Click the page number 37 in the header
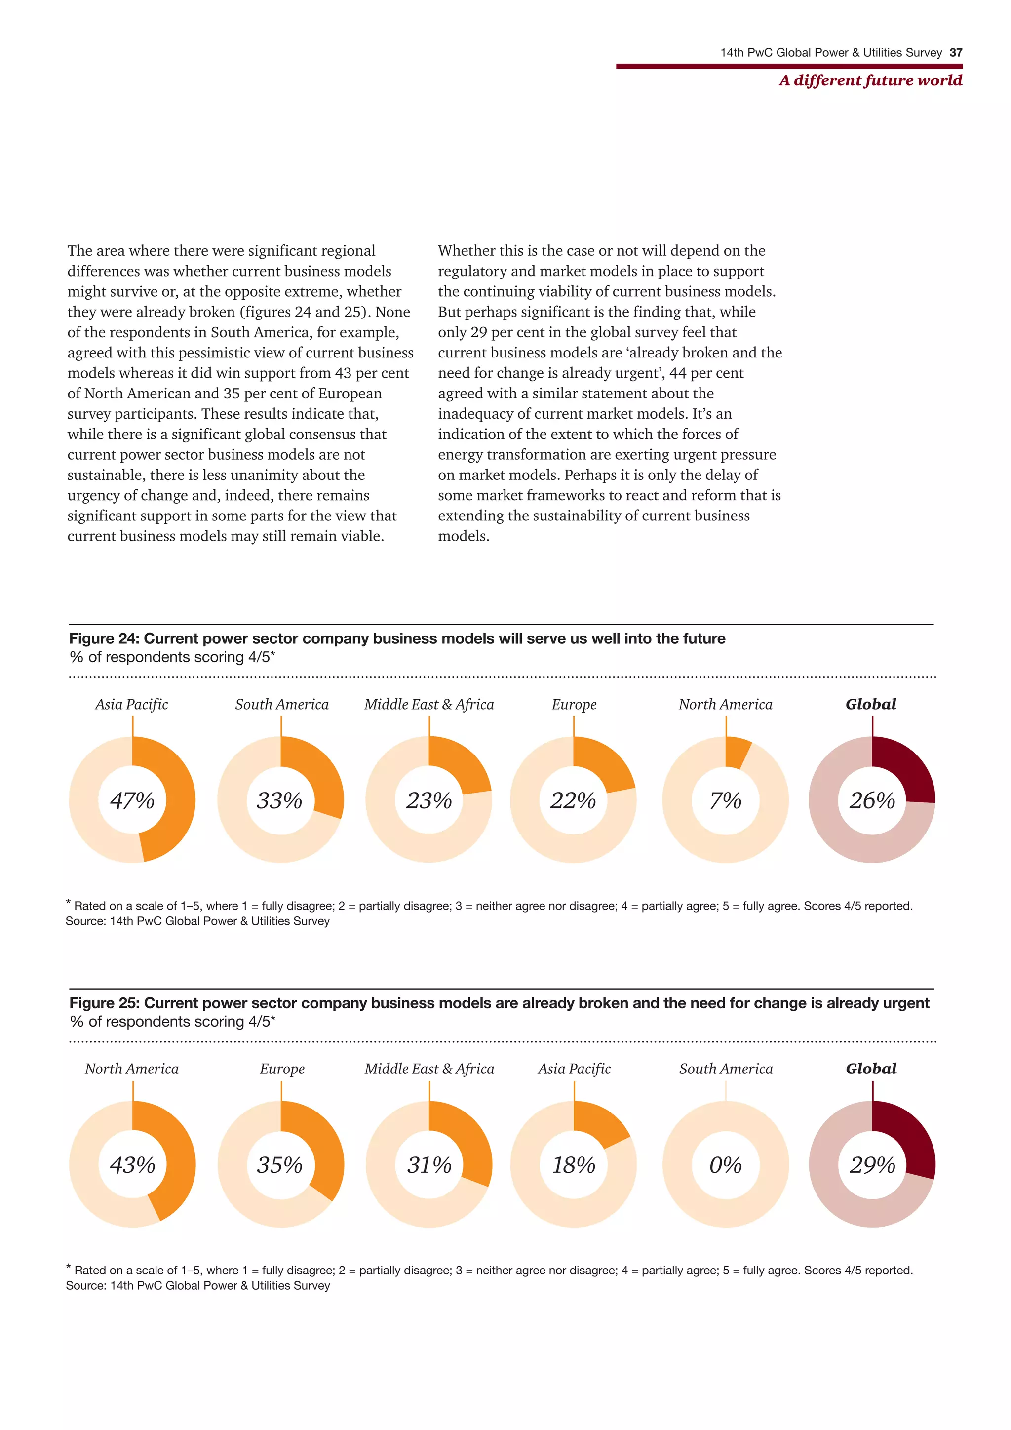point(956,53)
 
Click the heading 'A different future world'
point(870,80)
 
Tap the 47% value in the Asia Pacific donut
point(132,800)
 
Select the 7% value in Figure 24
point(725,800)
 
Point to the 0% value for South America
point(725,1165)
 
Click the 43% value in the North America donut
point(132,1165)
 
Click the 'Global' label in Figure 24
point(871,705)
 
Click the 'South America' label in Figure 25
point(726,1069)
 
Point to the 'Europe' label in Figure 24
point(573,705)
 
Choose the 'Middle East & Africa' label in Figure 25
point(429,1069)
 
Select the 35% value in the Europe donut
point(279,1165)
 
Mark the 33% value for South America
point(279,800)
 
